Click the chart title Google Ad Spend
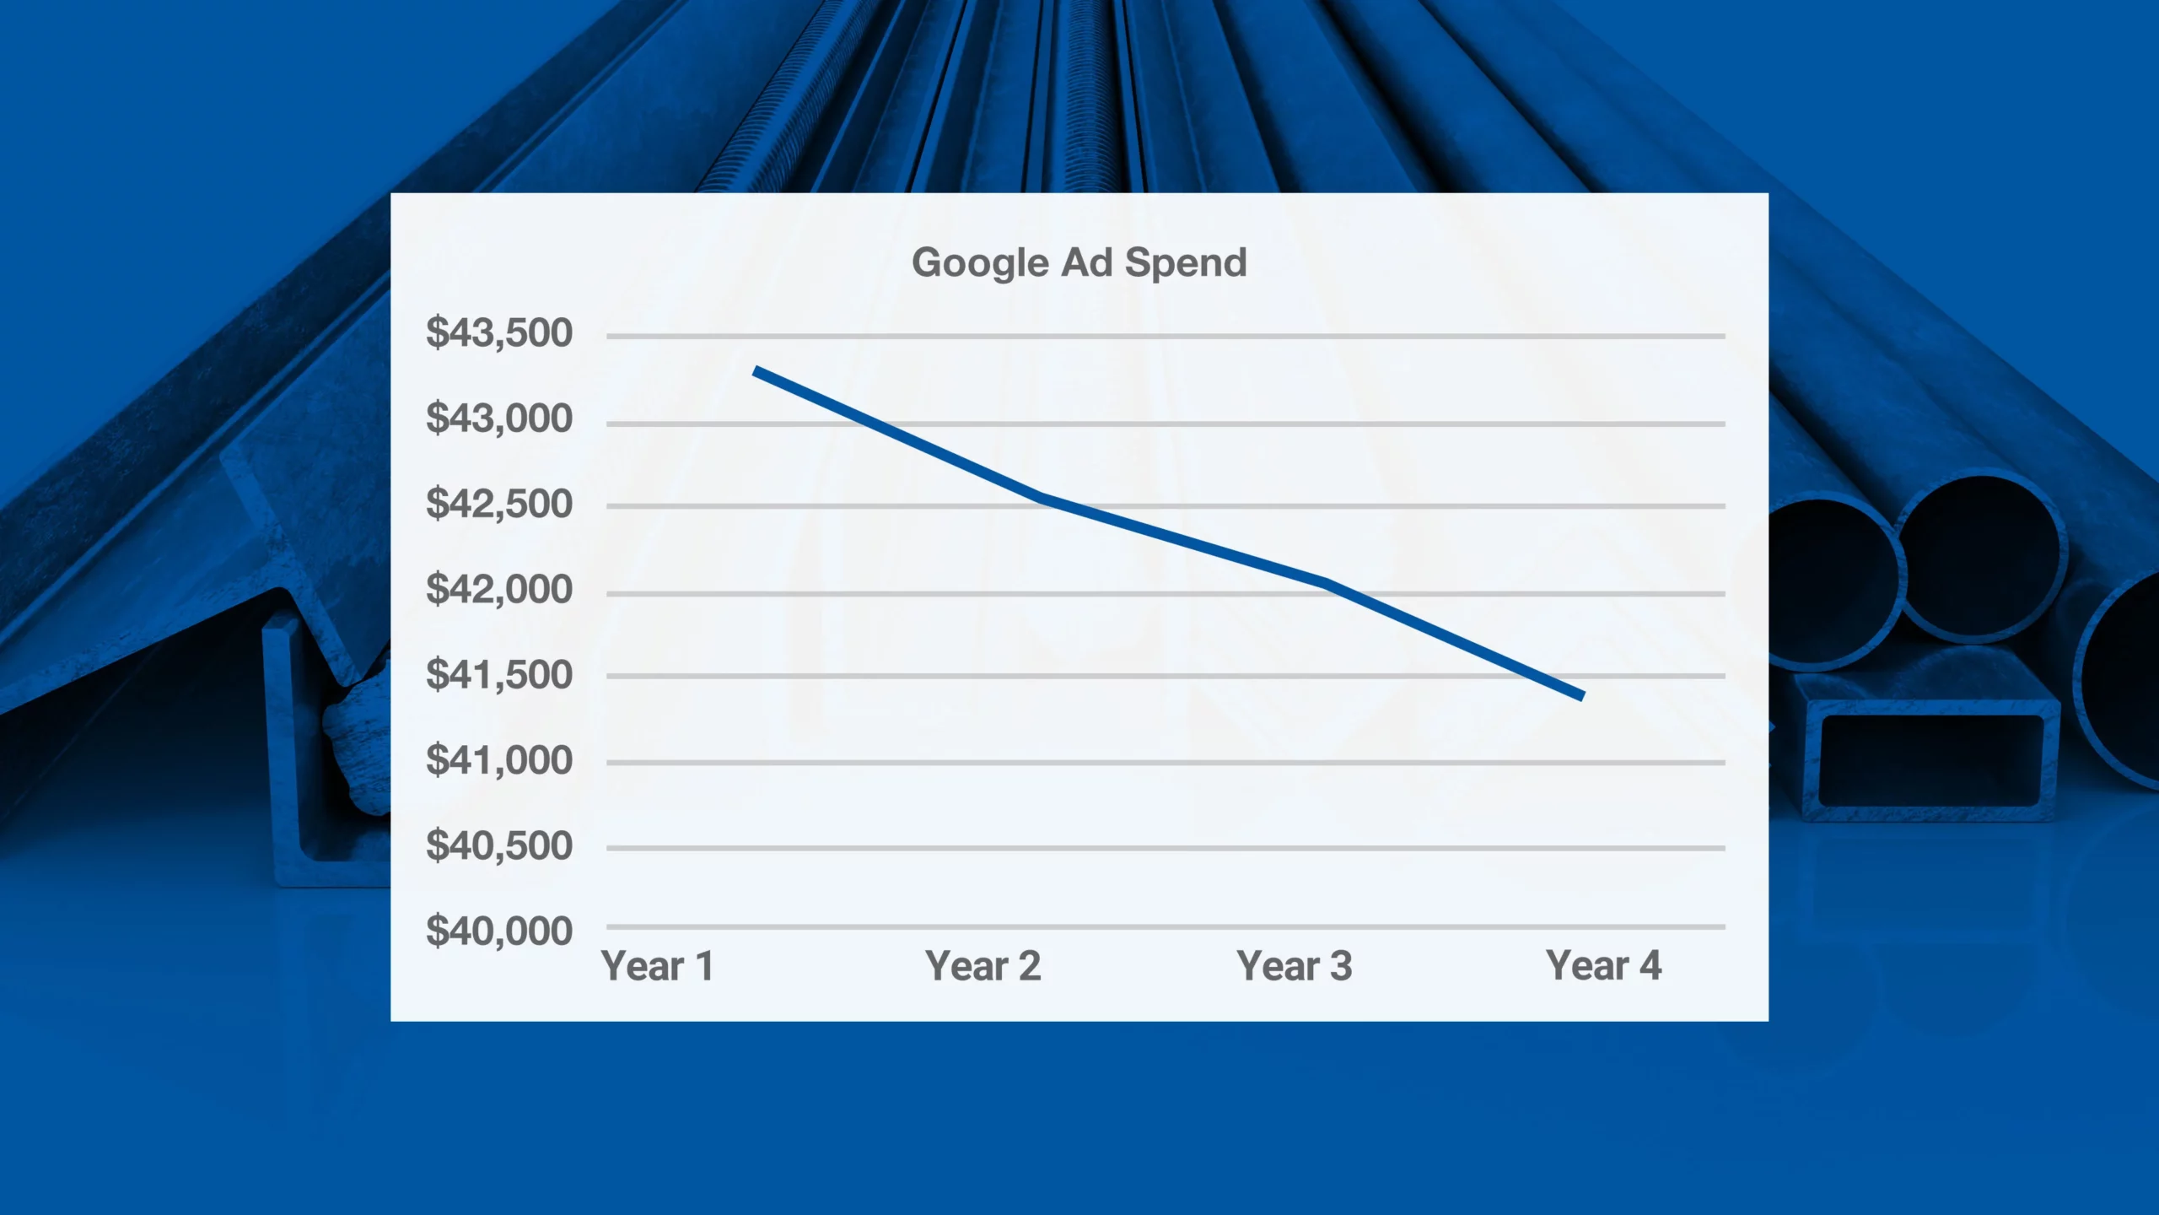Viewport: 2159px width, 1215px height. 1079,263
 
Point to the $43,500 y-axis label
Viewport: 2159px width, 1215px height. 499,332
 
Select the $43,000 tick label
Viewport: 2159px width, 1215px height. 499,418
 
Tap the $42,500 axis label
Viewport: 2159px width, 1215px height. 499,504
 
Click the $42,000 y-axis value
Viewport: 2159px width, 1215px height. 499,589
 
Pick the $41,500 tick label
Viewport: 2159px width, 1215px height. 499,675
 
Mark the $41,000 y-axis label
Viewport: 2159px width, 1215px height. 499,760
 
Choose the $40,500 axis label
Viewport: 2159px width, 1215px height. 499,845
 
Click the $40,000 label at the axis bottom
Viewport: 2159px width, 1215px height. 499,931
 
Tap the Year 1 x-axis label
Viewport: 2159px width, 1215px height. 658,966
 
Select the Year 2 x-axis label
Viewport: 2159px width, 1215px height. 983,966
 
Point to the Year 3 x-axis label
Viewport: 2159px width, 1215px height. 1295,966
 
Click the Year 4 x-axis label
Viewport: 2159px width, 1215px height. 1604,966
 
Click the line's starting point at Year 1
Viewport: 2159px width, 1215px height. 756,370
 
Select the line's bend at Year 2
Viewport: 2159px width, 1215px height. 1042,497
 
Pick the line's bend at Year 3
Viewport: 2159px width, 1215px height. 1327,582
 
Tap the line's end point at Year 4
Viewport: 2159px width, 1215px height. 1583,696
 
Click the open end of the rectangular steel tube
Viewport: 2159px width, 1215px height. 1931,760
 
